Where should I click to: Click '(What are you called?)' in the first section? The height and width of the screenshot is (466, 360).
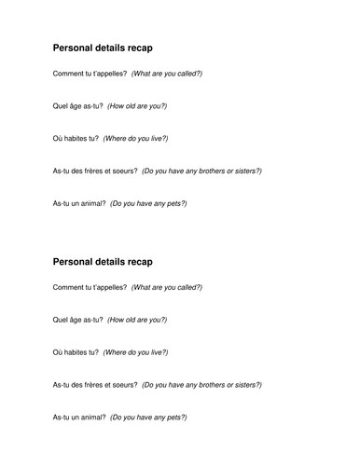point(166,73)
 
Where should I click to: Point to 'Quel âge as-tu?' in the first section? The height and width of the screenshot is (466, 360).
point(78,105)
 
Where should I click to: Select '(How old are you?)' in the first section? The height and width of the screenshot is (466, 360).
point(138,105)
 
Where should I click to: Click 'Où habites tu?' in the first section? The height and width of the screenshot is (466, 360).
point(76,138)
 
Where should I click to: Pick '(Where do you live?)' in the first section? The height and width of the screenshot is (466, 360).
point(135,138)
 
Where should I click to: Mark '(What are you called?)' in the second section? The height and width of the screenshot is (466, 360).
point(166,288)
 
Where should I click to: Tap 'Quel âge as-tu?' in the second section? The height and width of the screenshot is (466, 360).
point(78,321)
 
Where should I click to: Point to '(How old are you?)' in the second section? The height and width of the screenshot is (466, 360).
point(138,321)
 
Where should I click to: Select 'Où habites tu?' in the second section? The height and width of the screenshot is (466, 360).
point(76,353)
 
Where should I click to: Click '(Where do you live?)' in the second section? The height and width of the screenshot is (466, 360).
point(135,353)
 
